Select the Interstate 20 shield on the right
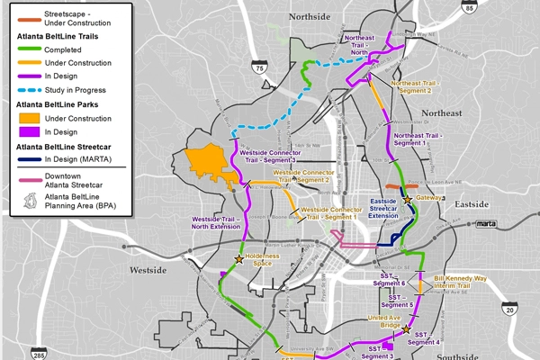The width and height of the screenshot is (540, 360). [509, 310]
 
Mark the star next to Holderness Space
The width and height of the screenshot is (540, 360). [239, 259]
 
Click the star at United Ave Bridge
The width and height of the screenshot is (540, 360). [406, 329]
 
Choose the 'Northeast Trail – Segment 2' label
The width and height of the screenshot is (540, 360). [424, 87]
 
